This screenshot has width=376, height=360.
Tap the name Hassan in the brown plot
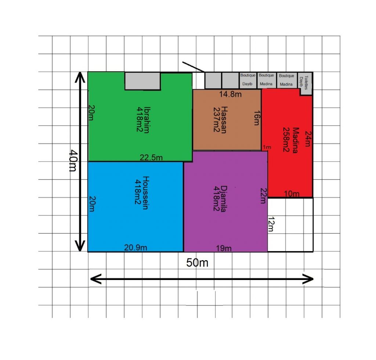(224, 120)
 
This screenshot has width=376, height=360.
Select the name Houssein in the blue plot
(146, 193)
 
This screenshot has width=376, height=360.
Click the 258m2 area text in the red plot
(286, 139)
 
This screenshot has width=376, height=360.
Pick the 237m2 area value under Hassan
(216, 120)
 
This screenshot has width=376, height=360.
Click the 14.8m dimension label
(230, 94)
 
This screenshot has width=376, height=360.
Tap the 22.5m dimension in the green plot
(151, 157)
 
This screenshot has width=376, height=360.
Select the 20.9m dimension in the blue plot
(135, 247)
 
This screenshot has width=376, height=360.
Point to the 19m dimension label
(224, 248)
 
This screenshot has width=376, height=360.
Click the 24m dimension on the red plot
(308, 139)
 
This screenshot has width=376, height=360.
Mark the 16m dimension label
(257, 118)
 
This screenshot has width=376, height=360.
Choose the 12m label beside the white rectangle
(271, 224)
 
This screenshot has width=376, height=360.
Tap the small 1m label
(267, 147)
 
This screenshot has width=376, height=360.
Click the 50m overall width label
(197, 263)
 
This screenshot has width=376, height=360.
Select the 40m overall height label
(73, 161)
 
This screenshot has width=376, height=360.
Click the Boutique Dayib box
(248, 80)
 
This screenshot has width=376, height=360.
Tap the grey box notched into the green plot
(142, 81)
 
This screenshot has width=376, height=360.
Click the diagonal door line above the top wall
(193, 67)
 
